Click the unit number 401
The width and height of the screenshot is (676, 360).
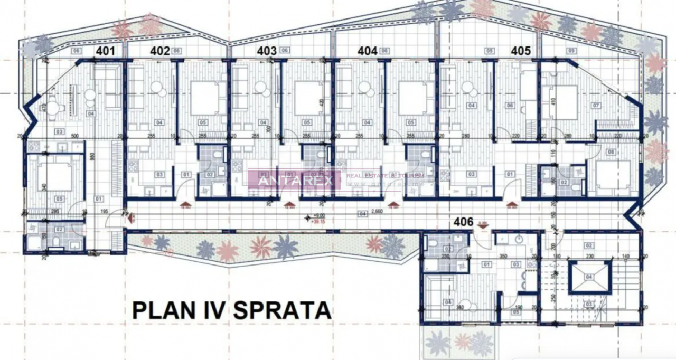point(105,51)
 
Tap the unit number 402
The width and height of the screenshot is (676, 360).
point(159,51)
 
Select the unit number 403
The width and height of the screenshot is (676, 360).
point(267,51)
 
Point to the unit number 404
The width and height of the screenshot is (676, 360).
point(368,51)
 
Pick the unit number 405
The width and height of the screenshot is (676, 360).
point(521,51)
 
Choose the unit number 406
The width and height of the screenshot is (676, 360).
point(464,222)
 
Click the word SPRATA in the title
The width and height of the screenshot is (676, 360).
point(282,309)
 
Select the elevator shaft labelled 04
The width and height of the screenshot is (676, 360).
point(589,276)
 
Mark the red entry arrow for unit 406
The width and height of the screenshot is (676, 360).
point(483,225)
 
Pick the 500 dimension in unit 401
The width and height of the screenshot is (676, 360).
point(60,135)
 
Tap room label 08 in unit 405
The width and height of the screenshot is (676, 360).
point(611,153)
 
